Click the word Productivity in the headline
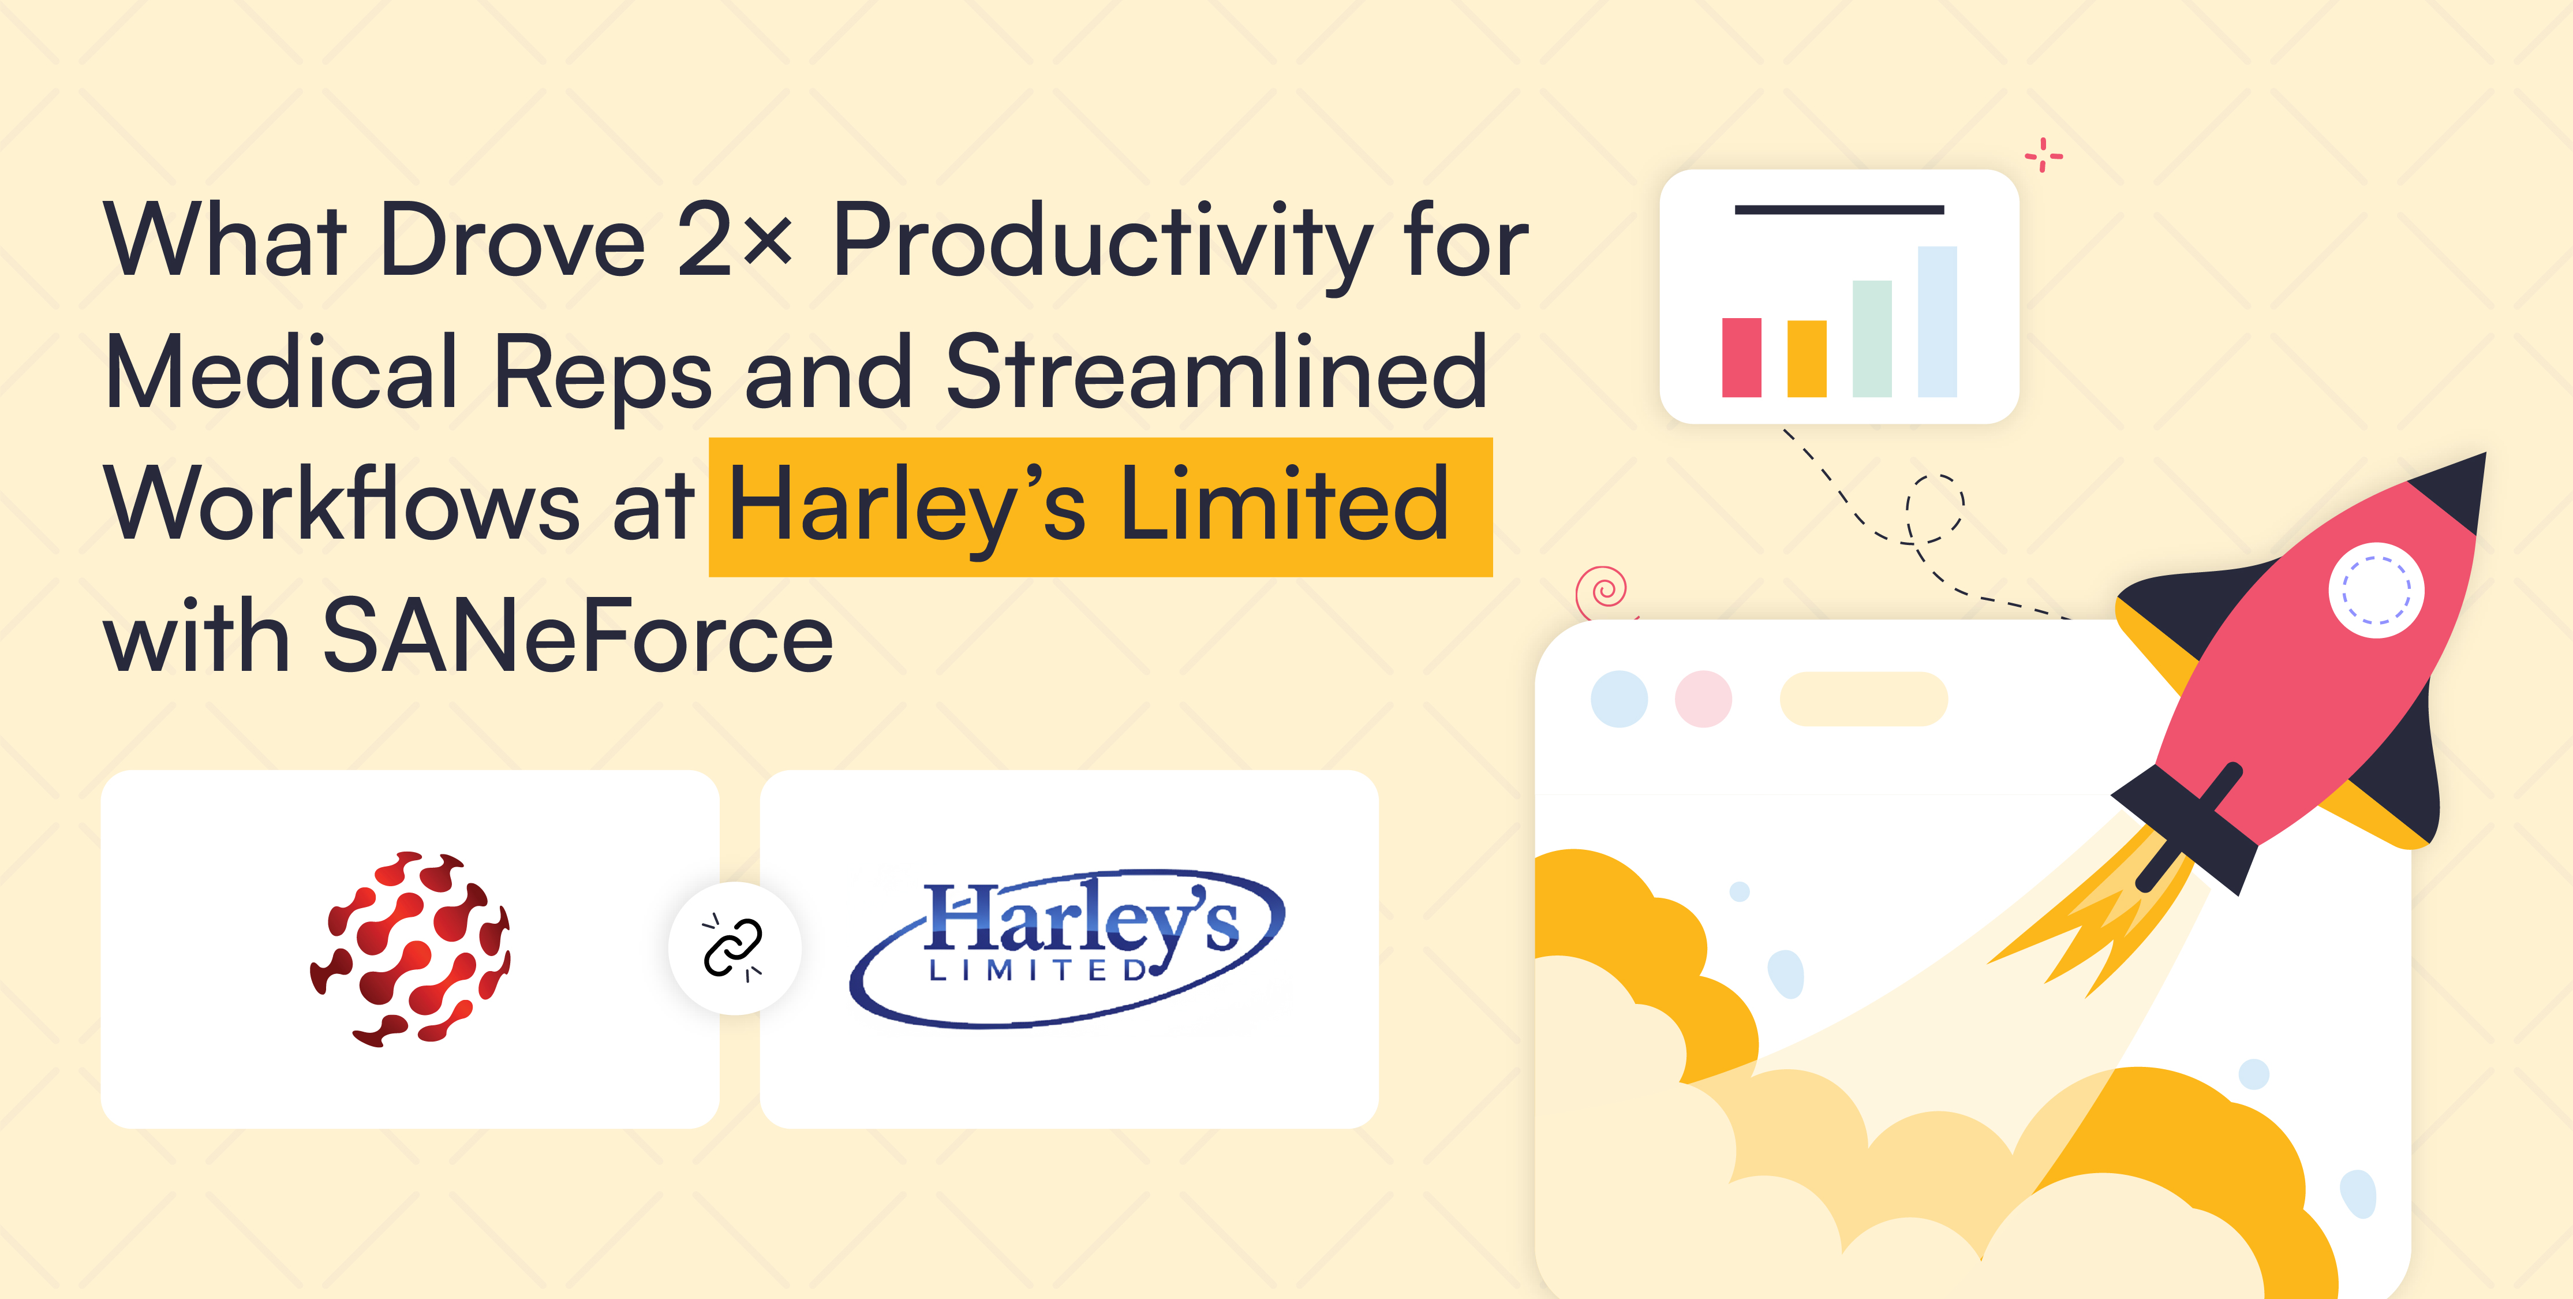pyautogui.click(x=1102, y=247)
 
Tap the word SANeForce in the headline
pyautogui.click(x=577, y=636)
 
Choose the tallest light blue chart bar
pyautogui.click(x=1937, y=322)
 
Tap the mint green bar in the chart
pyautogui.click(x=1872, y=339)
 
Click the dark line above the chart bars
pyautogui.click(x=1839, y=210)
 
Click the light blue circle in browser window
pyautogui.click(x=1619, y=699)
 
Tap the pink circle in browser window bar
pyautogui.click(x=1703, y=699)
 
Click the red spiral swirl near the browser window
pyautogui.click(x=1603, y=592)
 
